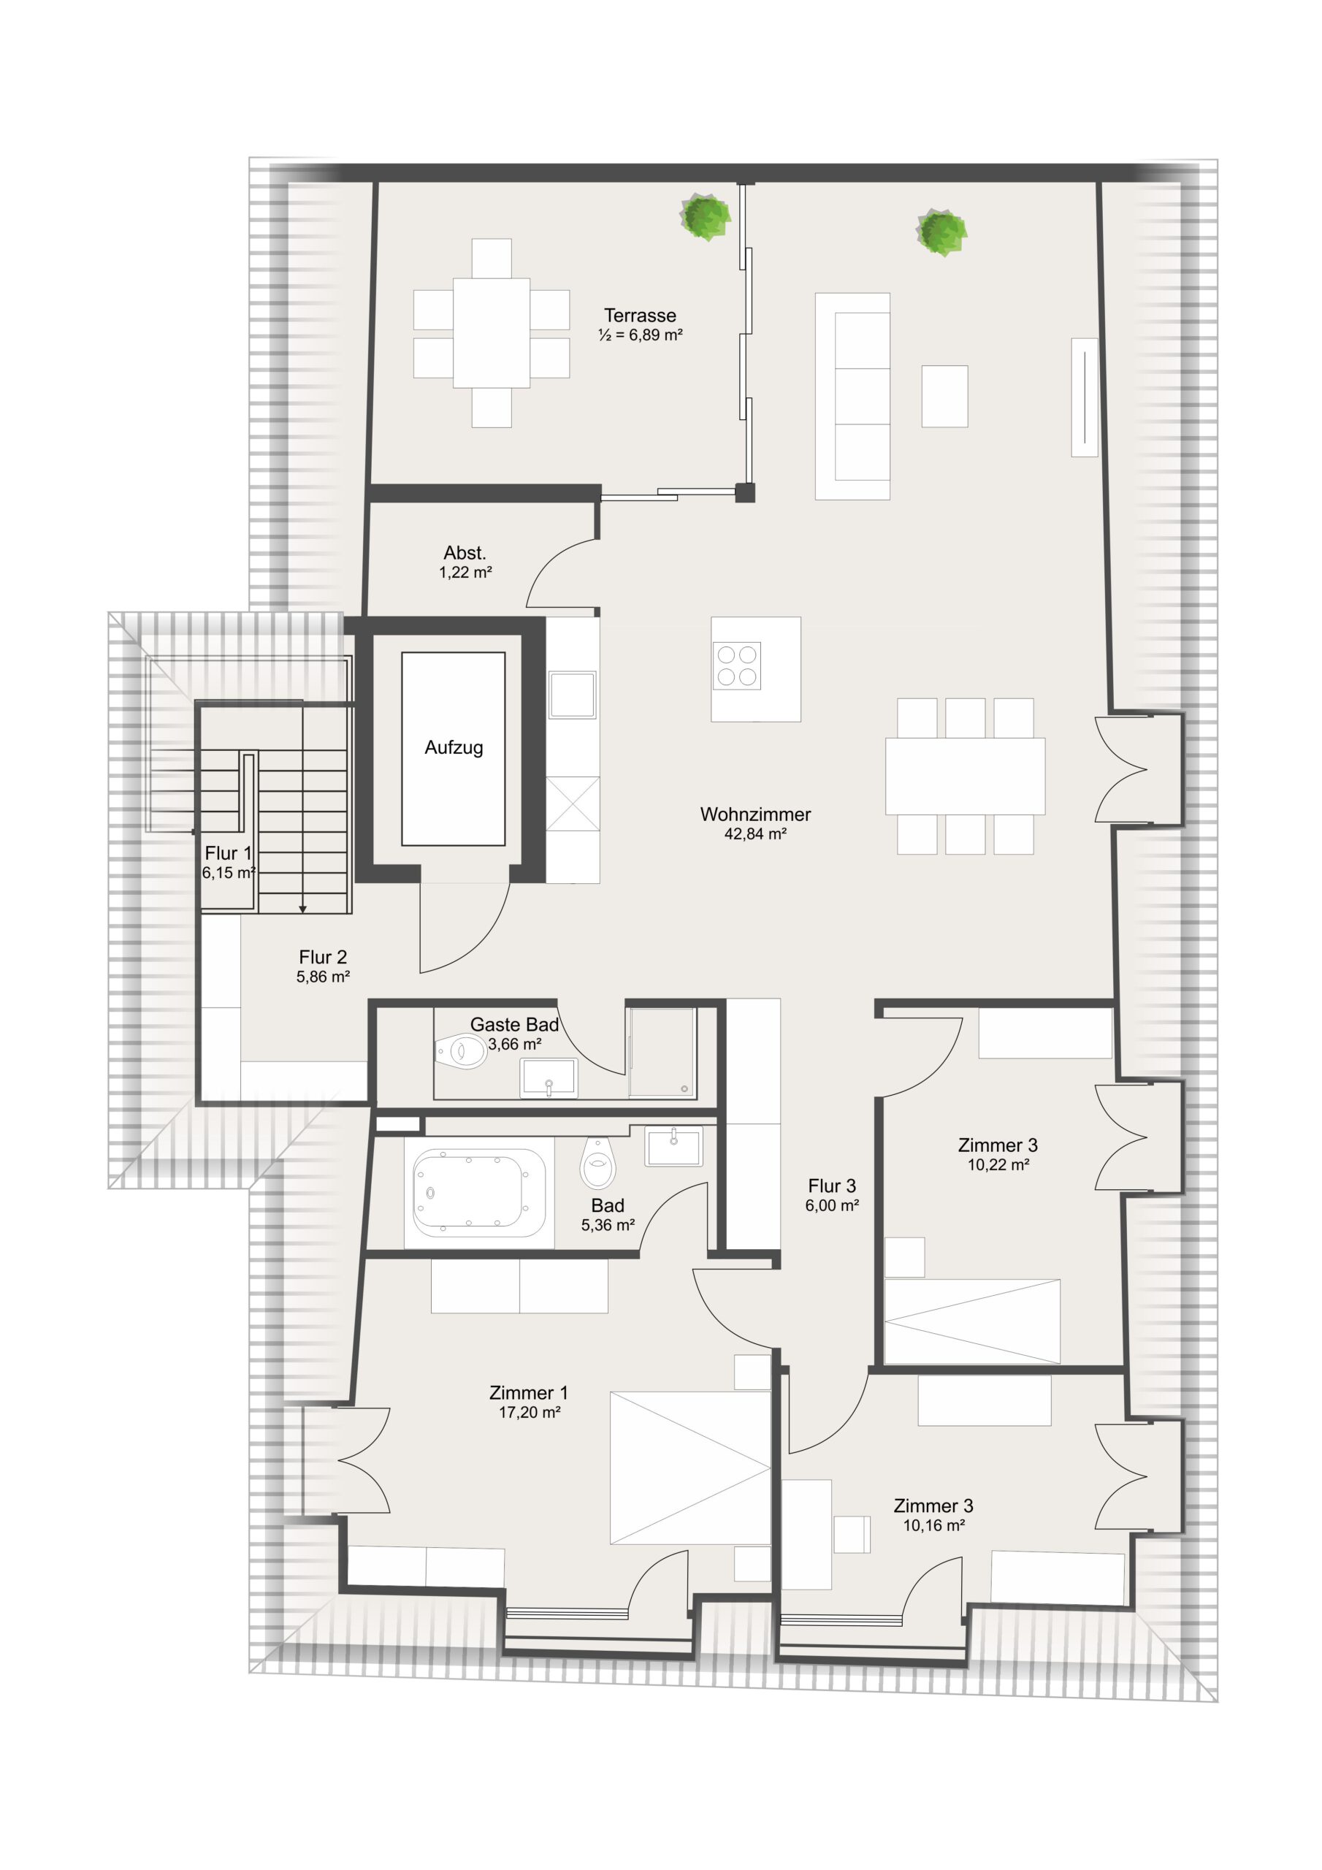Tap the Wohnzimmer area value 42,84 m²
[755, 833]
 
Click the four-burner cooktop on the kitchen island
[736, 665]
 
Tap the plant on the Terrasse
[706, 217]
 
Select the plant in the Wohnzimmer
[941, 232]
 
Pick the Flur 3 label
[832, 1186]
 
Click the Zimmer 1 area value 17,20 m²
[530, 1412]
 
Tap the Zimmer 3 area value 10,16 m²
[933, 1525]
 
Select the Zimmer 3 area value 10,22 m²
[998, 1164]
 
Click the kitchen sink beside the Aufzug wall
[573, 695]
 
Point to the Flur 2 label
[323, 957]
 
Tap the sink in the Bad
[673, 1146]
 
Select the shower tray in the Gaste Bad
[662, 1053]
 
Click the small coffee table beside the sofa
[945, 396]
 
